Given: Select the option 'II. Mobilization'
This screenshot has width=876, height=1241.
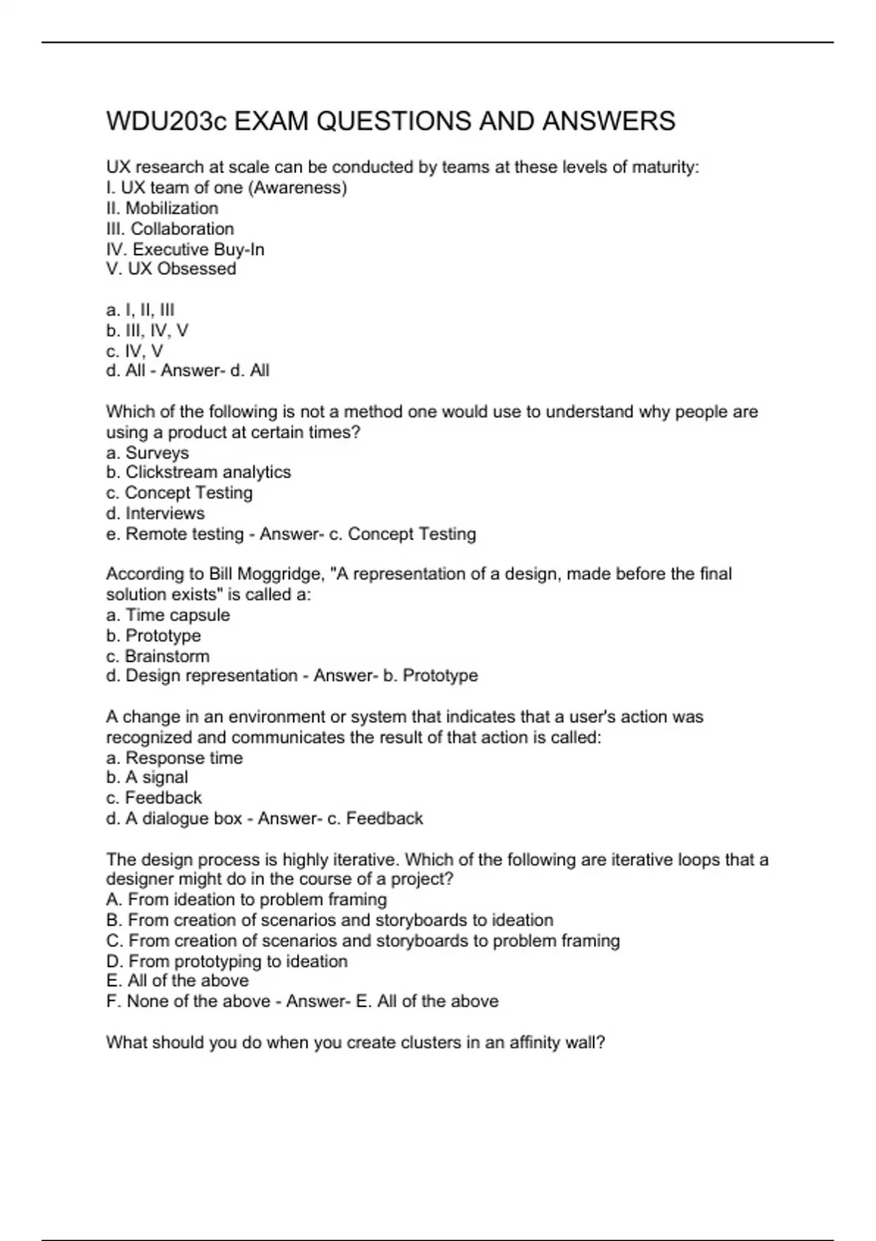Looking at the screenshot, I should coord(162,208).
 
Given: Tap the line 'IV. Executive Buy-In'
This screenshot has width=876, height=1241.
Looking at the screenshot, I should coord(185,249).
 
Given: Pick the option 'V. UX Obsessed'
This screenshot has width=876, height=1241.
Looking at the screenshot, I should coord(171,269).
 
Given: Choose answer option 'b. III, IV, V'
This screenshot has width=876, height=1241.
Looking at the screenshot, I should coord(147,330).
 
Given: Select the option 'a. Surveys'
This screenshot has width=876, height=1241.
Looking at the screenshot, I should coord(147,453).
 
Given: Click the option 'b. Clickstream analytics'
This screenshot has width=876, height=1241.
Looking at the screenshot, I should coord(198,472).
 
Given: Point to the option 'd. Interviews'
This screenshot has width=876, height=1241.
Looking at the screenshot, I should coord(155,513).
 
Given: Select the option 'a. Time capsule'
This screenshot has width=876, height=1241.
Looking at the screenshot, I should coord(167,615).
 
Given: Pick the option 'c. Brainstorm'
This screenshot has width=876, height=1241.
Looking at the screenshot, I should coord(157,656).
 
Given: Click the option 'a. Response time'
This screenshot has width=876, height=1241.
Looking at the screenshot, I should coord(174,758).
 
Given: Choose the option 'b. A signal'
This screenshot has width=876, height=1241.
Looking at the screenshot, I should coord(147,777).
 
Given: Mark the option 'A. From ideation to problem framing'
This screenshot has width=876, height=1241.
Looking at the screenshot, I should coord(246,899).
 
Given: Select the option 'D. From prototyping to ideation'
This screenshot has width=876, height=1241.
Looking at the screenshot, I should coord(226,961).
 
